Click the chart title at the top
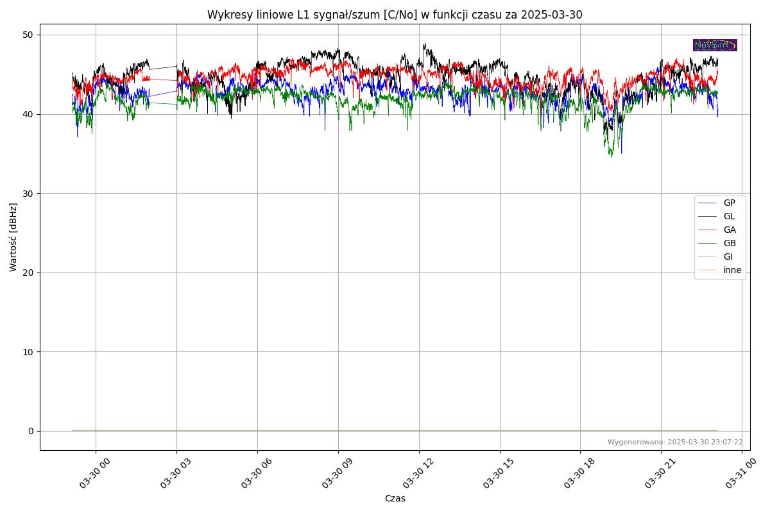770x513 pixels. tap(395, 15)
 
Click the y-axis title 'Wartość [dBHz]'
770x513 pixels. tap(13, 237)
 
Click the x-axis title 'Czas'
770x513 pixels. tap(395, 498)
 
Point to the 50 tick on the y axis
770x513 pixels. tap(28, 35)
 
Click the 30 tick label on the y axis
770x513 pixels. tap(28, 193)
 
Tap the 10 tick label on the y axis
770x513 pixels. tap(28, 351)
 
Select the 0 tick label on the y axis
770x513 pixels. tap(31, 431)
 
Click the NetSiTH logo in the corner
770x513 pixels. tap(715, 45)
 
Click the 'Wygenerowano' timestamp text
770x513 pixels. tap(675, 442)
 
